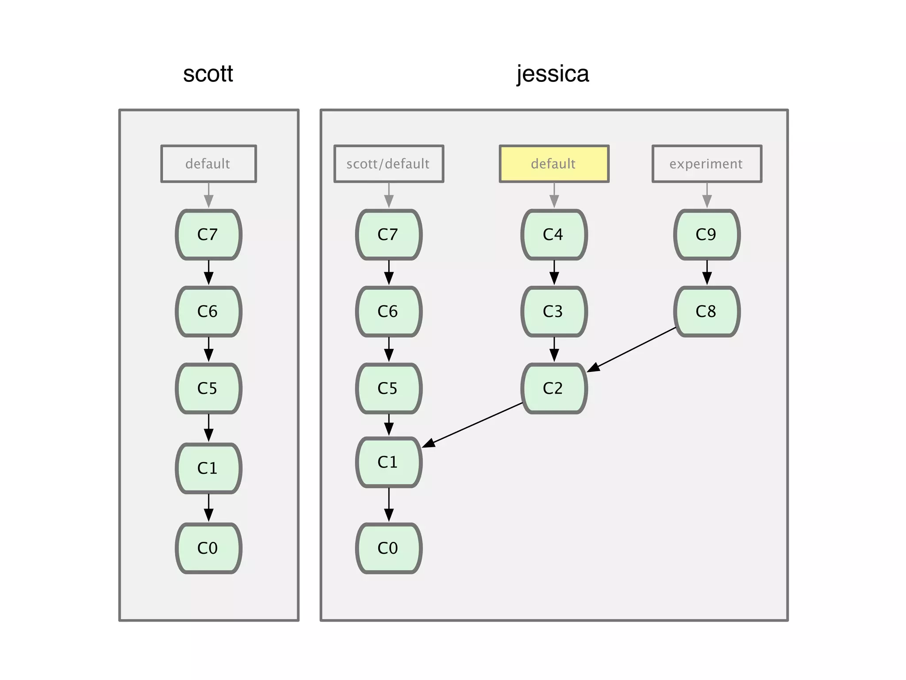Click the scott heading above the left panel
[x=208, y=74]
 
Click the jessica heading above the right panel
[x=553, y=74]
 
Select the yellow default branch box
[x=554, y=164]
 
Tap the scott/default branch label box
[x=388, y=164]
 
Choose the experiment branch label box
[x=706, y=164]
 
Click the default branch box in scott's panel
[x=208, y=164]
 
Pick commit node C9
[x=706, y=235]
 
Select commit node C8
[x=706, y=312]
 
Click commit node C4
[x=554, y=235]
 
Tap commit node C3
[x=554, y=312]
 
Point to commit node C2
[x=554, y=389]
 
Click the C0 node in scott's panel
[x=208, y=548]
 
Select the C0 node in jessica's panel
[x=388, y=548]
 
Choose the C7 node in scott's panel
[x=208, y=235]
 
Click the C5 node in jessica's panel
[x=388, y=389]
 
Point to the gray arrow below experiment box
[x=706, y=195]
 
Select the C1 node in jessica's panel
[x=388, y=462]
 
